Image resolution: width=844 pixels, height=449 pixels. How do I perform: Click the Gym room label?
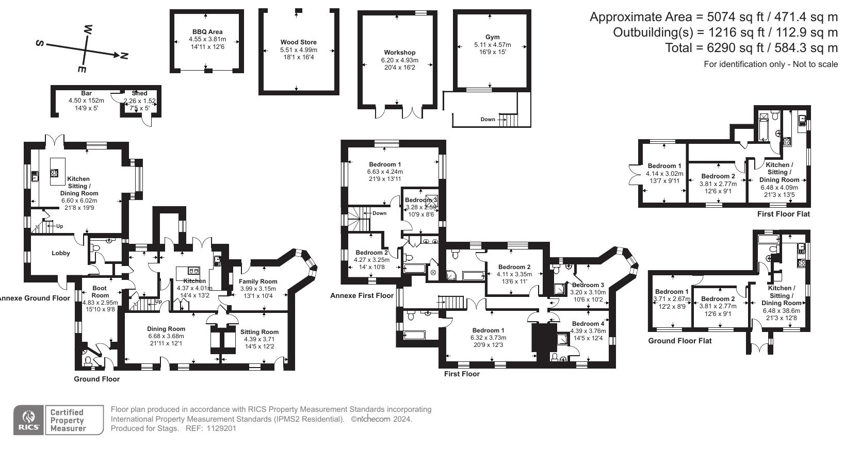coord(492,37)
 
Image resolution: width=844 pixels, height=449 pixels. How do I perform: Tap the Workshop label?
coord(399,53)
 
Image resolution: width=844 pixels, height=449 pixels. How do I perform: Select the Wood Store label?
coord(298,42)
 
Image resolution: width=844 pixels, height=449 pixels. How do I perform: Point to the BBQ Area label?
coord(207,32)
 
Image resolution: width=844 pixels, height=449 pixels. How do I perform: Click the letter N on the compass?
coord(123,55)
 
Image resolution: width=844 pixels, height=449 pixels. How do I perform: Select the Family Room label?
coord(258,281)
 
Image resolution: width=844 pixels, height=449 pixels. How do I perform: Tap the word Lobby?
coord(60,253)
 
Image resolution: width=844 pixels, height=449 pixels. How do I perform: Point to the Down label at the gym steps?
coord(488,119)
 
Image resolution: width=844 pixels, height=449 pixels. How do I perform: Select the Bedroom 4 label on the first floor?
coord(588,324)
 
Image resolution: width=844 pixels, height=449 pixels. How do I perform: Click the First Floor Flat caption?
coord(783,214)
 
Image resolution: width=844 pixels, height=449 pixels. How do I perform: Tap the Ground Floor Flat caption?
coord(679,341)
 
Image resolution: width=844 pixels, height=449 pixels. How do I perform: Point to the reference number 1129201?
coord(221,428)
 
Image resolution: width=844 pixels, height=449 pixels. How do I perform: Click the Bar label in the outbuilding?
coord(86,93)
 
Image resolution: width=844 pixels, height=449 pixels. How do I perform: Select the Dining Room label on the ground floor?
coord(166,329)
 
